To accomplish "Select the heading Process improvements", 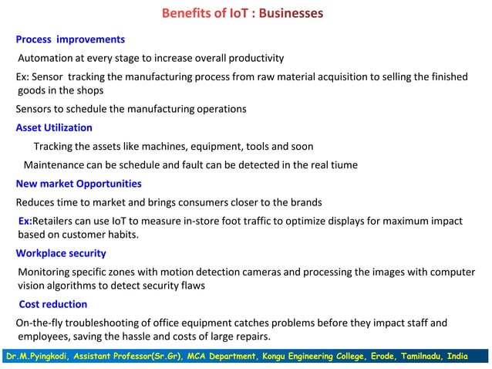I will coord(70,39).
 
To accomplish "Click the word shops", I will coord(89,90).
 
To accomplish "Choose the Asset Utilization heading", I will coord(54,128).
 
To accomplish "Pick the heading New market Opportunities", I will coord(79,184).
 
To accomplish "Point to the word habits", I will coord(121,235).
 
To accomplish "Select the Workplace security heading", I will coord(61,254).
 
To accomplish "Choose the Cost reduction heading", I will coord(53,305).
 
